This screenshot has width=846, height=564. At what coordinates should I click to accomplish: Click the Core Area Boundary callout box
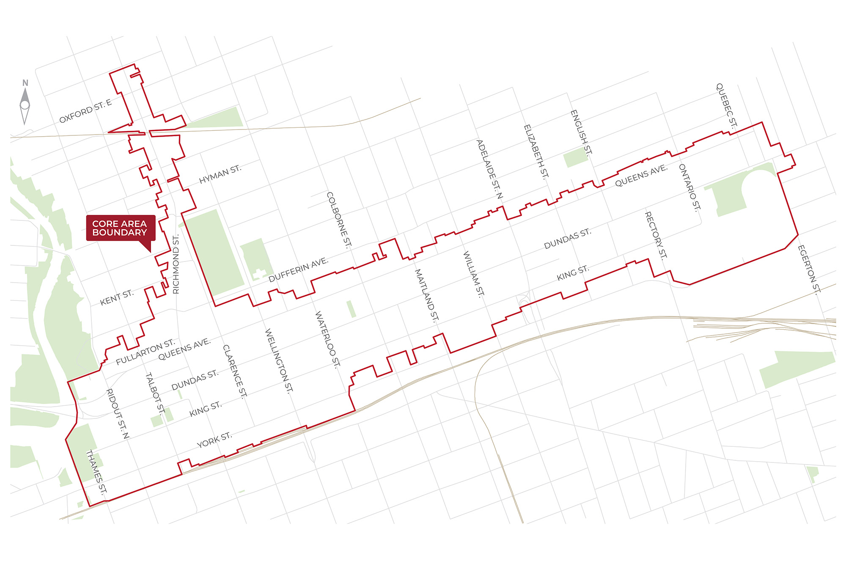point(121,228)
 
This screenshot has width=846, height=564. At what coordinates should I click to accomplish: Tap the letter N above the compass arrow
point(25,83)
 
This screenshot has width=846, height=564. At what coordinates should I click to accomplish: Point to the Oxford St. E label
point(85,111)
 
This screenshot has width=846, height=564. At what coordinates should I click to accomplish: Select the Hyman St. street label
point(220,174)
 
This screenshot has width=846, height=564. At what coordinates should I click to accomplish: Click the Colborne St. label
point(339,220)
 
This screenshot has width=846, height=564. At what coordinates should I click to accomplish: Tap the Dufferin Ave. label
point(298,270)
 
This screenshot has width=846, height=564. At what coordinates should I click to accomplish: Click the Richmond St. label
point(176,264)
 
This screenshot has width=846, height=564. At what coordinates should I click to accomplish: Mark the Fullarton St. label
point(145,351)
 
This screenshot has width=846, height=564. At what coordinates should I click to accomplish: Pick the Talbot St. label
point(155,393)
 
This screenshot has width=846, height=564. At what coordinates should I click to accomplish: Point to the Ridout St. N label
point(117,413)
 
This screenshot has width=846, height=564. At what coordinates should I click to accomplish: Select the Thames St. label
point(96,472)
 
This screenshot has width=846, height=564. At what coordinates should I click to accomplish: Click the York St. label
point(214,440)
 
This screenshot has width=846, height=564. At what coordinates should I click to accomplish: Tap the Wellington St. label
point(279,360)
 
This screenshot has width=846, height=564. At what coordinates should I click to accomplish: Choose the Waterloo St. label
point(328,339)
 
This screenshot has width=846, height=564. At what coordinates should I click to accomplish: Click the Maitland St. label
point(427,295)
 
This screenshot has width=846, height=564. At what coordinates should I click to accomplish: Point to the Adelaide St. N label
point(489,169)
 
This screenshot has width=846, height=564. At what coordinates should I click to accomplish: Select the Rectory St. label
point(656,235)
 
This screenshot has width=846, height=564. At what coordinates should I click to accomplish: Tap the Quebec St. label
point(726,105)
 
